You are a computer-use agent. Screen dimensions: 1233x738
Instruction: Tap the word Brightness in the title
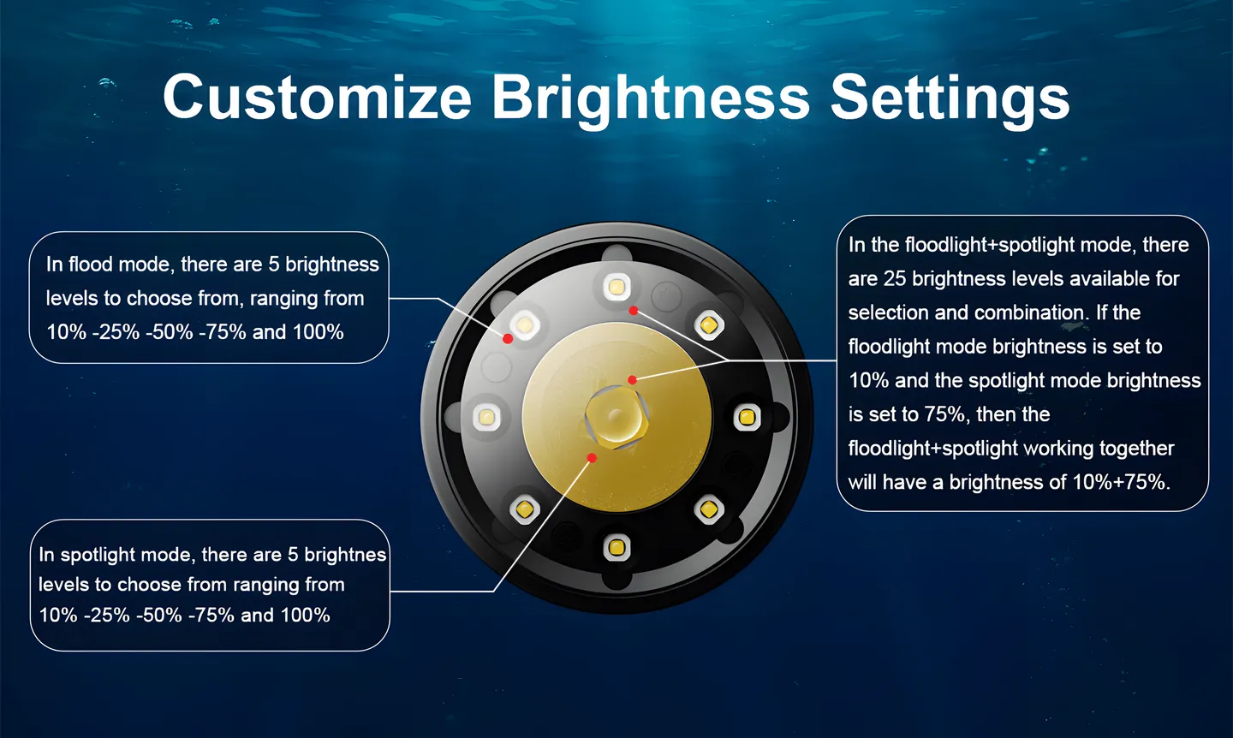[650, 99]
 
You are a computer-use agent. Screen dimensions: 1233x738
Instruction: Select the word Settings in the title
[950, 99]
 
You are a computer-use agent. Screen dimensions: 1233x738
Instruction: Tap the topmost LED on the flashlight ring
[616, 287]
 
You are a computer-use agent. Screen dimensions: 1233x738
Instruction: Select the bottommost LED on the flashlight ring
[616, 547]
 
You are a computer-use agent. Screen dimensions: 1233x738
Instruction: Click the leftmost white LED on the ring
[486, 417]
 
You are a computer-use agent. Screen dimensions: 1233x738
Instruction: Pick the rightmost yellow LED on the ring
[747, 417]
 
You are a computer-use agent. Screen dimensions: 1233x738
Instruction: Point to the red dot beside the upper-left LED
[508, 339]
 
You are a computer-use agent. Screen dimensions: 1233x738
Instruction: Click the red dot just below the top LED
[634, 311]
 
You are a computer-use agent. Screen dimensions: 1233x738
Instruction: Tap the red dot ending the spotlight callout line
[592, 457]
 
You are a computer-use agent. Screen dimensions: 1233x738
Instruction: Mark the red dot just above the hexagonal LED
[633, 380]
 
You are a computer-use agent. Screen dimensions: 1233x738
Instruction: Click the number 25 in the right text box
[895, 279]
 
